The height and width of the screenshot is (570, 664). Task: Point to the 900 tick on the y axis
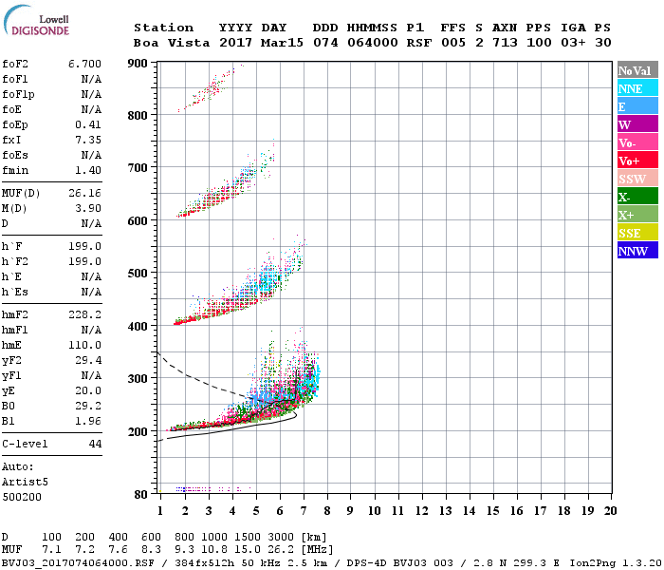pos(138,64)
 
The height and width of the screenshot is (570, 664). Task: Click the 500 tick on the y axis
pos(138,274)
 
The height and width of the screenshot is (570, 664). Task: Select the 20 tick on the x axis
pos(612,511)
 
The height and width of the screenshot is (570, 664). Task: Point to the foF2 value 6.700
pos(84,63)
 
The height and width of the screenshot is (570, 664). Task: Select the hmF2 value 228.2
pos(84,313)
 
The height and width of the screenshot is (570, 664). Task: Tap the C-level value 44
pos(95,444)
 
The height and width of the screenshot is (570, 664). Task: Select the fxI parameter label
pos(12,140)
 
